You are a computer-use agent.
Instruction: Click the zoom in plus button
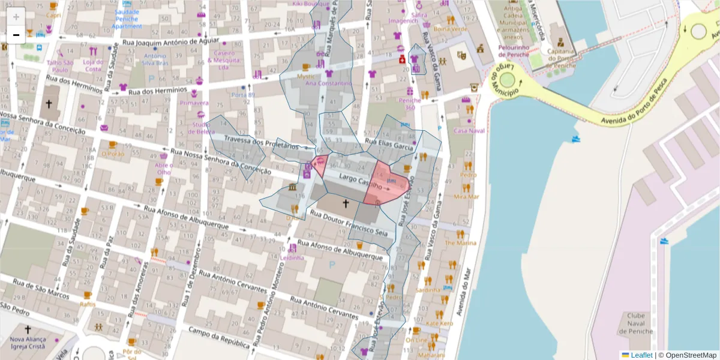pyautogui.click(x=16, y=16)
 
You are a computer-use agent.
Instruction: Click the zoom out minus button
pyautogui.click(x=16, y=35)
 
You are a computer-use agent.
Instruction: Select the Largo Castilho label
pyautogui.click(x=361, y=182)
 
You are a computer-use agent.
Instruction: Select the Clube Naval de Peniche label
pyautogui.click(x=635, y=324)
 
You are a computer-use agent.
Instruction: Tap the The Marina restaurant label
pyautogui.click(x=460, y=243)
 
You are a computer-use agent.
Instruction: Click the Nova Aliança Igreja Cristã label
pyautogui.click(x=28, y=343)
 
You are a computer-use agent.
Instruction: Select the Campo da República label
pyautogui.click(x=220, y=338)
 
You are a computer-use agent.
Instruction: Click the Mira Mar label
pyautogui.click(x=466, y=196)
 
